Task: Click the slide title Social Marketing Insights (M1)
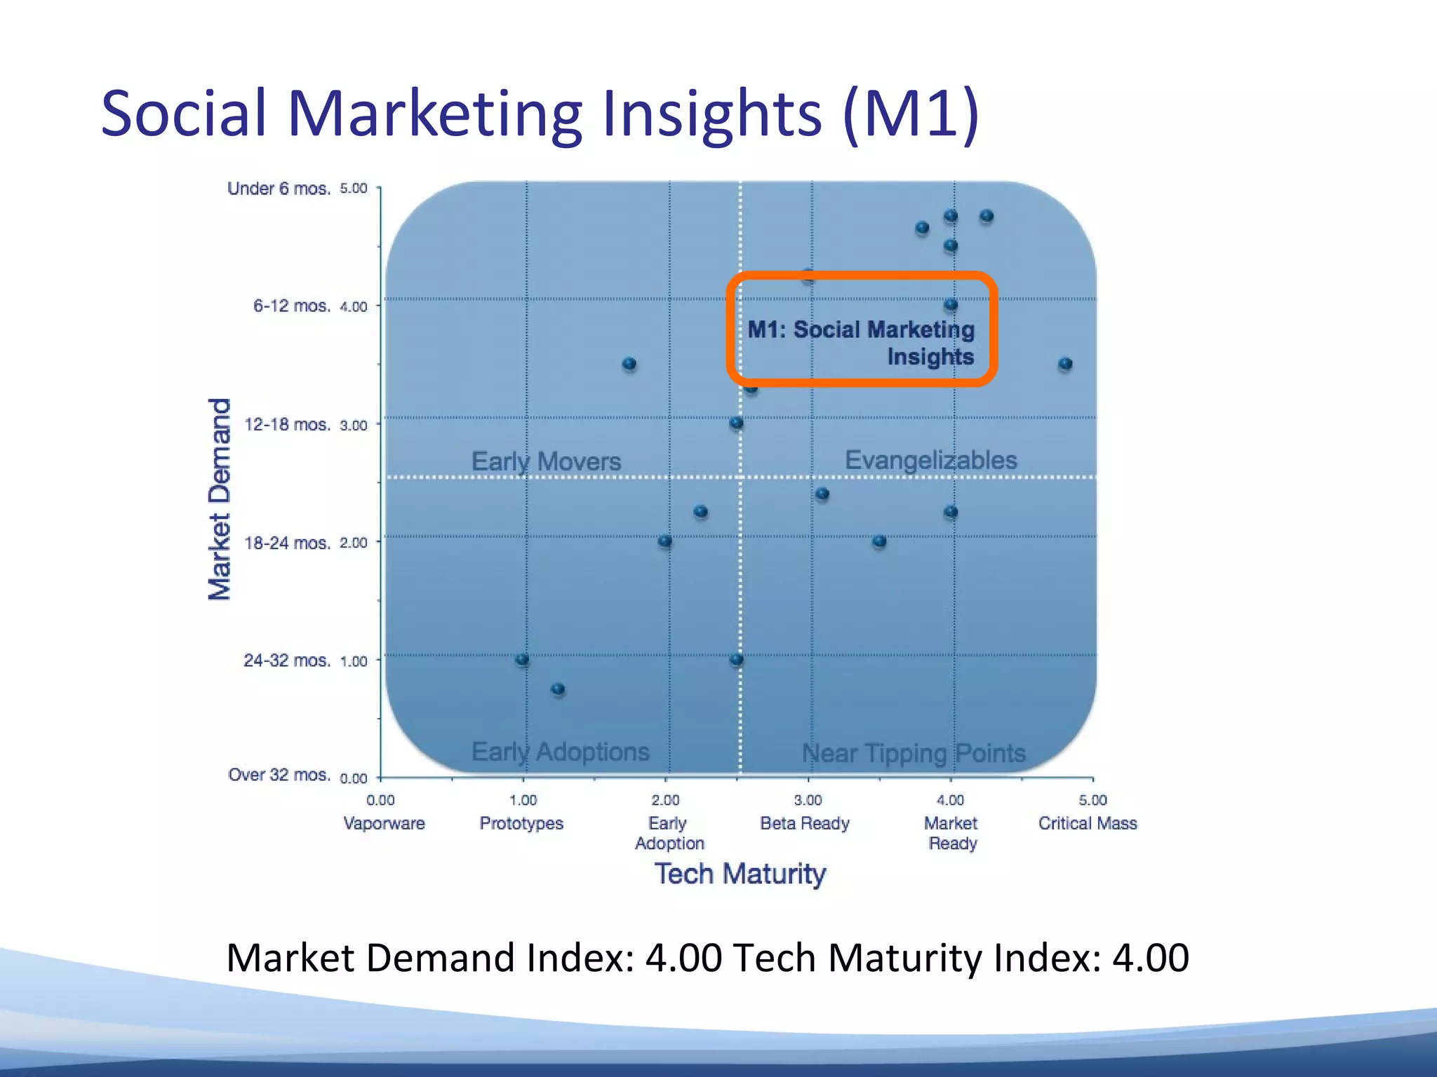tap(540, 113)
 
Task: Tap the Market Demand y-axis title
tap(220, 499)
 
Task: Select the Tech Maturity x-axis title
tap(740, 874)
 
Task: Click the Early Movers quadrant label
tap(546, 461)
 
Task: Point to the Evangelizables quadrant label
tap(930, 460)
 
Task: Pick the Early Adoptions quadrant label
tap(560, 752)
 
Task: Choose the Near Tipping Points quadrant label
tap(914, 753)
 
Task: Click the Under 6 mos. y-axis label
tap(279, 189)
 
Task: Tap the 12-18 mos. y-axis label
tap(287, 424)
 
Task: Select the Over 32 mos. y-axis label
tap(279, 775)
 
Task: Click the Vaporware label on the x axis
tap(384, 823)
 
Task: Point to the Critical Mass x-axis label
tap(1088, 823)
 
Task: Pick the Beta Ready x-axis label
tap(805, 823)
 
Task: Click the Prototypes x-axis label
tap(521, 823)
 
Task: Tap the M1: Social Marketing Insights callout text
tap(862, 343)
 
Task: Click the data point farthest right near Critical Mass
tap(1065, 364)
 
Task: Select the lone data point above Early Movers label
tap(629, 364)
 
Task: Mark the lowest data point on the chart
tap(558, 689)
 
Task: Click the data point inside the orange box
tap(951, 305)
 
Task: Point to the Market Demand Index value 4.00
tap(683, 958)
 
